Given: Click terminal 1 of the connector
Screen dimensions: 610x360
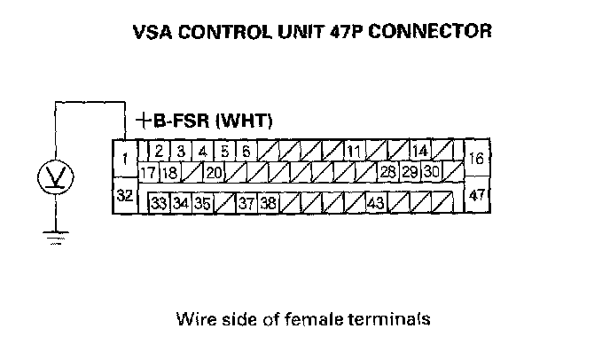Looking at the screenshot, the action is (125, 159).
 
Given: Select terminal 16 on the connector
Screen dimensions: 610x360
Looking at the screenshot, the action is (477, 158).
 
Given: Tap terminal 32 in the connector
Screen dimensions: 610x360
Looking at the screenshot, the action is (125, 195).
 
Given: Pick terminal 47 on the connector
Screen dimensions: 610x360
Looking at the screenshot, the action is (477, 194).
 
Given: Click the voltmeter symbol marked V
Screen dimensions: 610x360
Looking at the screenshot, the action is (56, 177).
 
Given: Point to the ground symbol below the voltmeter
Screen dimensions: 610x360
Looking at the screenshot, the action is (56, 238).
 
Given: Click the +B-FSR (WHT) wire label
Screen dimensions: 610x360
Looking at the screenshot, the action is (204, 121).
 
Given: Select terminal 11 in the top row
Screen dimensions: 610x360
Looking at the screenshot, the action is (354, 151).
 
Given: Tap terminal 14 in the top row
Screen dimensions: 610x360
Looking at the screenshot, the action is (419, 150).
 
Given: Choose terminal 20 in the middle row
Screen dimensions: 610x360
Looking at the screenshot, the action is (214, 172).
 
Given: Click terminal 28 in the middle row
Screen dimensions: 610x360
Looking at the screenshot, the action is (387, 172).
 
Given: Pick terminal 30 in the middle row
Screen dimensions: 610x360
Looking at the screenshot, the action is (431, 171).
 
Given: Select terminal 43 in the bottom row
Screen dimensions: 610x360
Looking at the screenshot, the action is (376, 203).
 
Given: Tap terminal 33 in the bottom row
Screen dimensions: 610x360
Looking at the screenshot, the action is (159, 203).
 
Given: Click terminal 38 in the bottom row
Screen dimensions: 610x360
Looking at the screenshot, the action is (268, 203).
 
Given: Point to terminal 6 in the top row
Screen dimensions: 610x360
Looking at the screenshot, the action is (246, 151).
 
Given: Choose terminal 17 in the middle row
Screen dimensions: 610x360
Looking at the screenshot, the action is (148, 172).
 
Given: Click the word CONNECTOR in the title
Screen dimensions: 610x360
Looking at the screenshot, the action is (430, 31).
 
